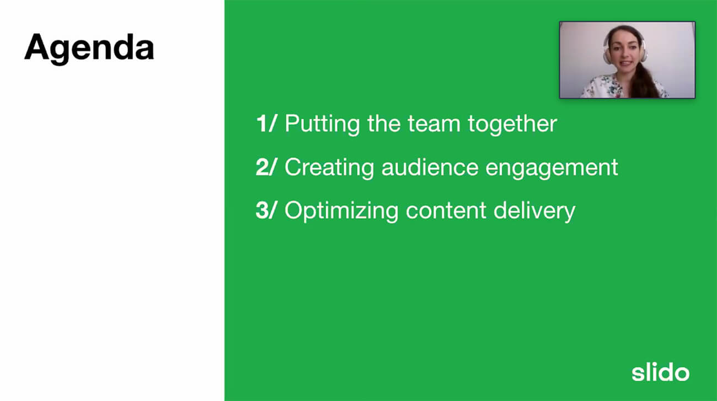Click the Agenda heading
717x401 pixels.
[x=89, y=48]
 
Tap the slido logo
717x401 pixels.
[x=660, y=372]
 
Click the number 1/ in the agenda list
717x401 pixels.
[x=266, y=123]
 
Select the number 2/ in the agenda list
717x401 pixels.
[x=266, y=167]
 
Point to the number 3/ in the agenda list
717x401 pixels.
[x=266, y=210]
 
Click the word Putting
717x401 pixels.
[x=322, y=124]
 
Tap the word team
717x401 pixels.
[x=434, y=124]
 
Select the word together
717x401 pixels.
[x=512, y=124]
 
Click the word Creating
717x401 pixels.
[x=329, y=168]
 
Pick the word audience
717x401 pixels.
[x=430, y=167]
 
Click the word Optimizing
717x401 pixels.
[x=341, y=211]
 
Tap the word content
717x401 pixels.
[x=446, y=211]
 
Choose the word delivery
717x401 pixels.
[x=534, y=211]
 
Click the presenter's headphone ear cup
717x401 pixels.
[x=607, y=55]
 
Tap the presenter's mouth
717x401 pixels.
[x=624, y=63]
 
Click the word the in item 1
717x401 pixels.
[x=384, y=124]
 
